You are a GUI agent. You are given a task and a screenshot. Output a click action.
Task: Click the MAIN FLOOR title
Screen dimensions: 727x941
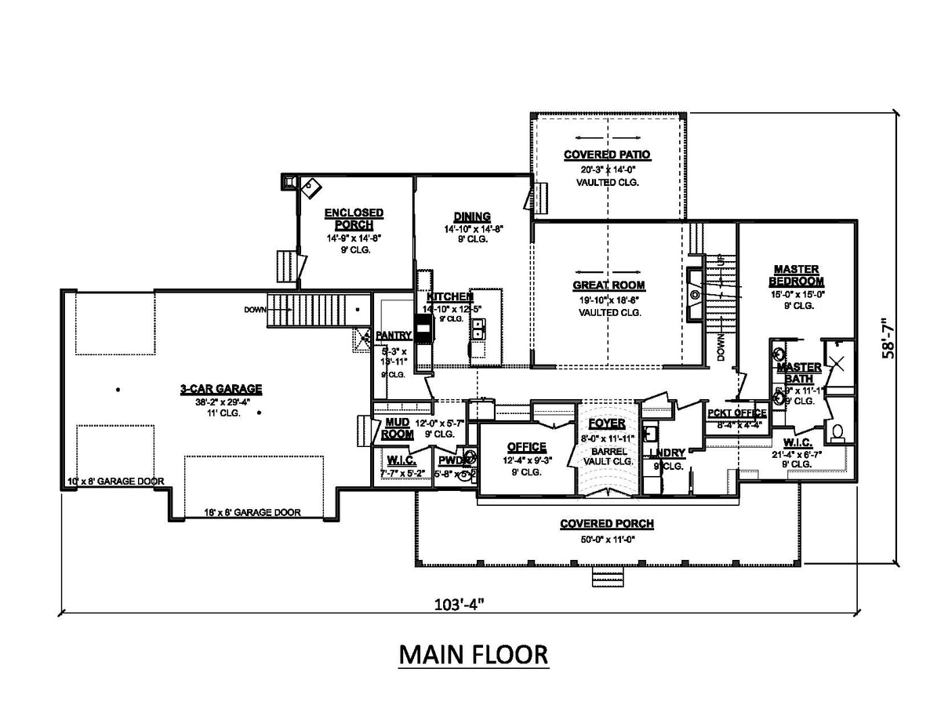pos(473,654)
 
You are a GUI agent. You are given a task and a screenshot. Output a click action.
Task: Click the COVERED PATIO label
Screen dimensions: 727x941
pos(608,154)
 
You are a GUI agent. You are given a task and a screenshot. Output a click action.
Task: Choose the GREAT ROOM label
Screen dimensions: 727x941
pos(609,285)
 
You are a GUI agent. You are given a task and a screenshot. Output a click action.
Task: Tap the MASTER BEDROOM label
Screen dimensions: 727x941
pos(796,274)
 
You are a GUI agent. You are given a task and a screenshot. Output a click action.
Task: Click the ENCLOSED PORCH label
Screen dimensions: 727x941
pos(354,219)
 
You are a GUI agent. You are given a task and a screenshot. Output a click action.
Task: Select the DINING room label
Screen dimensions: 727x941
pos(472,217)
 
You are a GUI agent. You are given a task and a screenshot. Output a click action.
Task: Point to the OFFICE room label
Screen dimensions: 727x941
pos(526,447)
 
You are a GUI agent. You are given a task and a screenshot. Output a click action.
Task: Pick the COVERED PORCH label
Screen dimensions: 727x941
pos(607,524)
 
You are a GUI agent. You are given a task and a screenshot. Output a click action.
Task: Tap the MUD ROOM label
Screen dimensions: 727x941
pos(398,427)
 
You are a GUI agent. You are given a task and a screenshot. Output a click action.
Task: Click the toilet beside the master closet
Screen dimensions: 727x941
pos(838,431)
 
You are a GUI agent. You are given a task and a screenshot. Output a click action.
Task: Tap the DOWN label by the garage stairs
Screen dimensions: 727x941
pos(255,310)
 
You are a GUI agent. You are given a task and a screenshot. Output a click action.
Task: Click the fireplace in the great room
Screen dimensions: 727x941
pos(694,294)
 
